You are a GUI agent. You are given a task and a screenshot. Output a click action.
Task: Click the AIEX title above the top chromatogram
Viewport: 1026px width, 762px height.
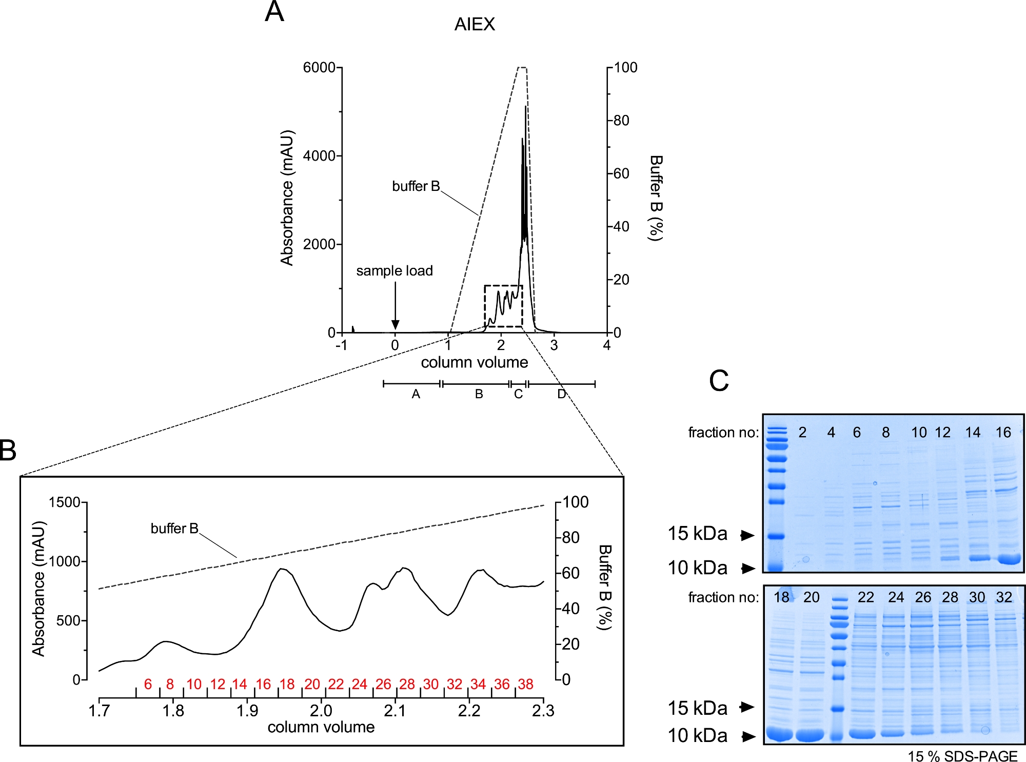(x=475, y=24)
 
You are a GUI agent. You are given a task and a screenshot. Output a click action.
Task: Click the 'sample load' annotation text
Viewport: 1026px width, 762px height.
(x=394, y=270)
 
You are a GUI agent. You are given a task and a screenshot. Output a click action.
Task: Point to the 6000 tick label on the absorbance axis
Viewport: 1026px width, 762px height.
(x=319, y=67)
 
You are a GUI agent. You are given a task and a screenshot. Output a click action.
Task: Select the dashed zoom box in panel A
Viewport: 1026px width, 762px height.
(x=503, y=306)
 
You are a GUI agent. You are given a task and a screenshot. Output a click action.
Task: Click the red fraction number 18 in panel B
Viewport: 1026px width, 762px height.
(x=287, y=684)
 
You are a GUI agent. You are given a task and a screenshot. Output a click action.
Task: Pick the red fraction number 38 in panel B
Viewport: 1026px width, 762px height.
(x=525, y=684)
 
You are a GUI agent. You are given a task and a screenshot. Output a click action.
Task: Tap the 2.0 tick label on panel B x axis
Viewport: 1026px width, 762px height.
(x=321, y=711)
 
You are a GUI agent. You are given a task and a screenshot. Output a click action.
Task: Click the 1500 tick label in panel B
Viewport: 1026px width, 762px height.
(x=64, y=502)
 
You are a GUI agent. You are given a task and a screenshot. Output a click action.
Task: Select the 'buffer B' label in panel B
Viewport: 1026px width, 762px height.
(x=174, y=528)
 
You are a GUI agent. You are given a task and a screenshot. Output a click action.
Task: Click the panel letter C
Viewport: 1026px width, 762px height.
(x=719, y=381)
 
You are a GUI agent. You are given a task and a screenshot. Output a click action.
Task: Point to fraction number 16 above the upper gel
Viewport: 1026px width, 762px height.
(x=1003, y=433)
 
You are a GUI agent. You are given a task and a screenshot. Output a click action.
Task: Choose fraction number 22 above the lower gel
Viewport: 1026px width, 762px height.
(x=865, y=597)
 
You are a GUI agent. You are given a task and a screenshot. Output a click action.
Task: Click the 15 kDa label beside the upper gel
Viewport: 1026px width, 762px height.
(x=697, y=534)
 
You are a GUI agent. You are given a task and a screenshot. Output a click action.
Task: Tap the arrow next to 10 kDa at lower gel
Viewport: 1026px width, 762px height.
(x=748, y=736)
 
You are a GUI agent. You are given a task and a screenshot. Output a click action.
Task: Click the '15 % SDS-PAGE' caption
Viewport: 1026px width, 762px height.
(x=962, y=756)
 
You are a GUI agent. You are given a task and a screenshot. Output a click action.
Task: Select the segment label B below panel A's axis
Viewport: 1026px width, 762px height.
(x=479, y=394)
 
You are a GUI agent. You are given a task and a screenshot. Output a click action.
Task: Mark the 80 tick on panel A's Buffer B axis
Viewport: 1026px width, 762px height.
(x=621, y=121)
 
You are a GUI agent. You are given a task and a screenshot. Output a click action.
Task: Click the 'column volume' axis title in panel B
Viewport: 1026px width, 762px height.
(x=321, y=727)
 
